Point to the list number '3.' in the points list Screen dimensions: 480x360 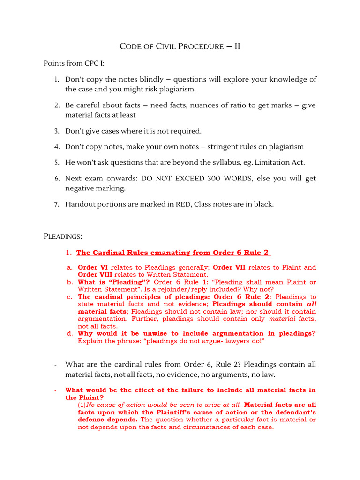[57, 131]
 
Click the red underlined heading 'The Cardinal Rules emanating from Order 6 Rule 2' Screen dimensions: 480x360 [172, 253]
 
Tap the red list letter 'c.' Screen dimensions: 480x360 [69, 297]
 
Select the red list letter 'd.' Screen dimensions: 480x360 [69, 333]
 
